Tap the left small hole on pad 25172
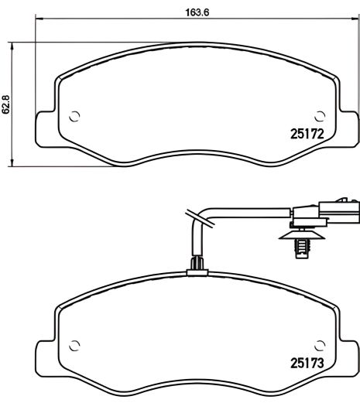(74, 118)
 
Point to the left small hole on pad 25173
(74, 343)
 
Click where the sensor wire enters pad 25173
(197, 267)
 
